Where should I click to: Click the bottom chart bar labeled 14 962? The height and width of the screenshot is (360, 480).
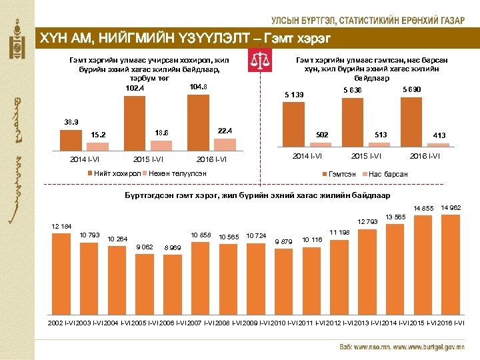pos(451,263)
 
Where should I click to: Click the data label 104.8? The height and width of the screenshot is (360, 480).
pos(198,87)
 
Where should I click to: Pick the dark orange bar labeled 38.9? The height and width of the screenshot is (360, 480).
pos(70,142)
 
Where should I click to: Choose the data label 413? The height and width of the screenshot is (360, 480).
pos(439,135)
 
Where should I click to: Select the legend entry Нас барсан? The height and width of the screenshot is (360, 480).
pos(387,175)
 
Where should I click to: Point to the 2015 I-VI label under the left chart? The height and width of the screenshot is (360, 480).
pos(150,160)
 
